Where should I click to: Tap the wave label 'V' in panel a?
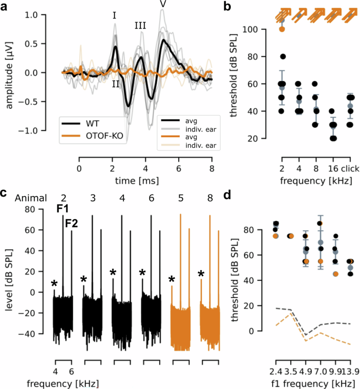tap(163, 4)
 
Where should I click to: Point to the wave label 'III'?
tap(140, 25)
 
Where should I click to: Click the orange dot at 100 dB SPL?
tap(282, 29)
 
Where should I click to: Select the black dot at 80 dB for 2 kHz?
tap(282, 56)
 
